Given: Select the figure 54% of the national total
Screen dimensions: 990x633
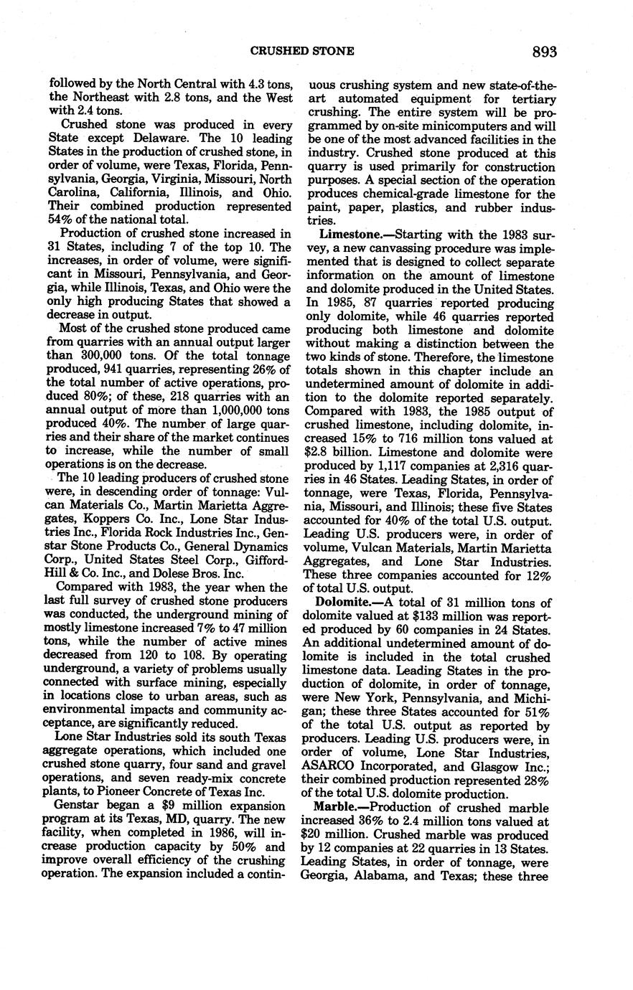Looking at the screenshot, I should (x=60, y=220).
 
